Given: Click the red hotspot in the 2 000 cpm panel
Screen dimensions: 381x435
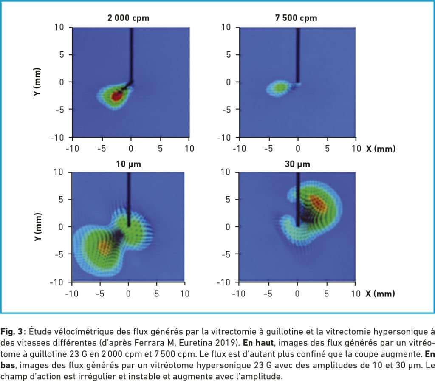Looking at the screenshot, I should (116, 96).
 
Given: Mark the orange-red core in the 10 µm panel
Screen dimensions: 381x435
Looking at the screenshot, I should (104, 246).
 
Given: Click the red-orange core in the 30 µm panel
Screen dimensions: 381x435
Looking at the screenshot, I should (318, 204).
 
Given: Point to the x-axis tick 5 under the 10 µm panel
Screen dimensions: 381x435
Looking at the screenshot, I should (156, 294).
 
